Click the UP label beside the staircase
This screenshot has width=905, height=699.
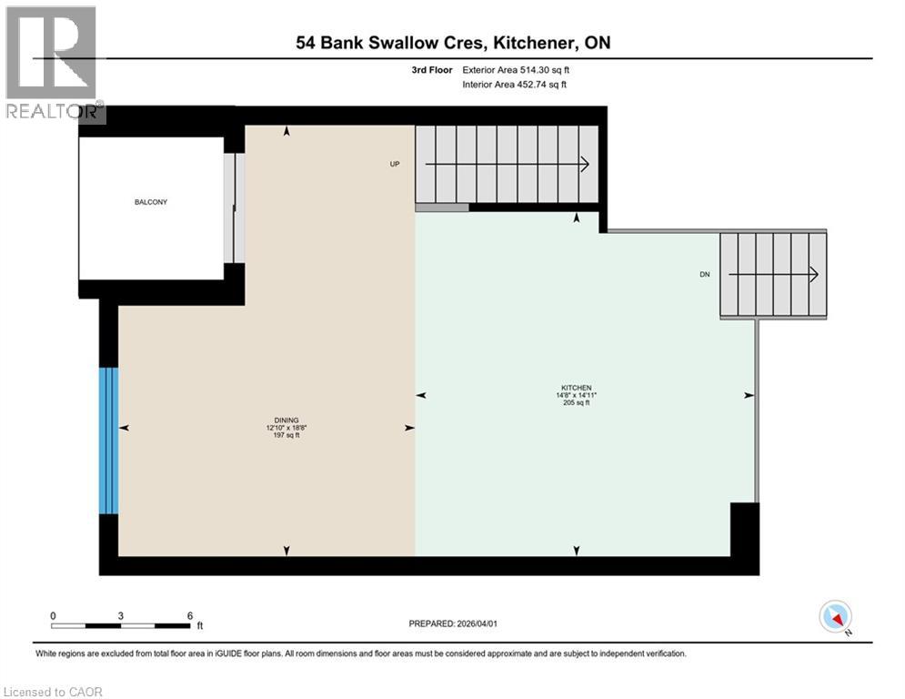point(395,165)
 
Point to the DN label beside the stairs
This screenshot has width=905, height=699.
point(704,274)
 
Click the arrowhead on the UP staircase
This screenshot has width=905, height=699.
point(584,165)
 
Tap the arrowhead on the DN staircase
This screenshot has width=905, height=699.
point(813,274)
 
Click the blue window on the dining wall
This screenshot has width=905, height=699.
point(109,441)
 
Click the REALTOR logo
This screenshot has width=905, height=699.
point(52,64)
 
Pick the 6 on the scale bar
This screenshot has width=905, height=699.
point(189,615)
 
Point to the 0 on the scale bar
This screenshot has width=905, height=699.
point(53,615)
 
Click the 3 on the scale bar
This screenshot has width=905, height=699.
point(121,615)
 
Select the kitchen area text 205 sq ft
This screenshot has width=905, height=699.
point(576,403)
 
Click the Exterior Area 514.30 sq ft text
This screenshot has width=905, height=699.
point(517,69)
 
